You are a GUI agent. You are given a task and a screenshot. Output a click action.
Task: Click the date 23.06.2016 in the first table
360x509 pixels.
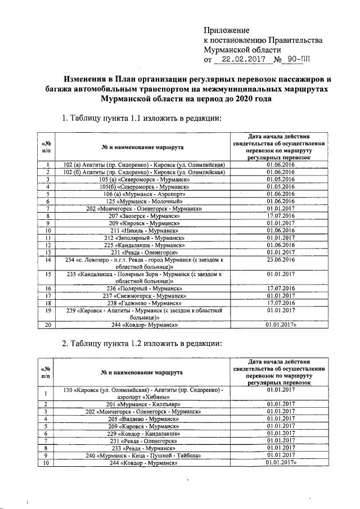[281, 260]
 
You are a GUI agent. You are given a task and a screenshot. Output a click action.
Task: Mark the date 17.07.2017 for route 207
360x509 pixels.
[281, 215]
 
